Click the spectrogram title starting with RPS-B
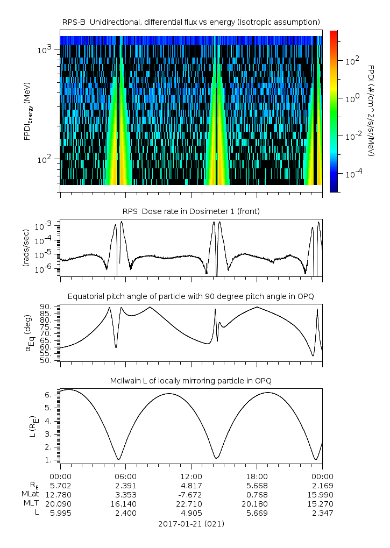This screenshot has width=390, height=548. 191,22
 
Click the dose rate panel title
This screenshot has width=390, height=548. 191,211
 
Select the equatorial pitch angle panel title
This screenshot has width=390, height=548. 191,296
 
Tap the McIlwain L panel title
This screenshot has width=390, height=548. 191,381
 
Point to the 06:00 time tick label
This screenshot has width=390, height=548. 126,476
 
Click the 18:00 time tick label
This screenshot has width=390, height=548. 257,476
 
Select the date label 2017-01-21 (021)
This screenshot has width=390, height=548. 191,523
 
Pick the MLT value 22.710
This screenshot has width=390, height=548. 191,503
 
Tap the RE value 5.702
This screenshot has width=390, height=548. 60,485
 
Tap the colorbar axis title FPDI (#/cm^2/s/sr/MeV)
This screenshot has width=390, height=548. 371,110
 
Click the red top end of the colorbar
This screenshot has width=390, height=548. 334,33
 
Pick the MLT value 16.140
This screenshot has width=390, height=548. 126,503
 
